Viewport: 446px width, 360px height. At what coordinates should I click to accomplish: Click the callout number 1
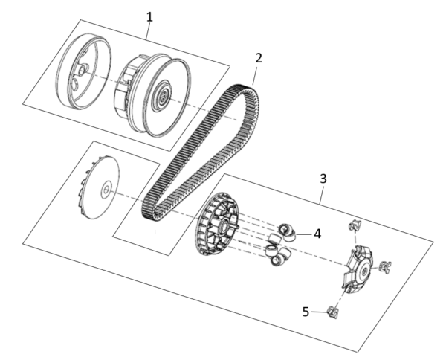tap(149, 17)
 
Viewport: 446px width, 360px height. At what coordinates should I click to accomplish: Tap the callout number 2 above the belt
tap(259, 58)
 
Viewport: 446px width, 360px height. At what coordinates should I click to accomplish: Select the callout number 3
tap(323, 179)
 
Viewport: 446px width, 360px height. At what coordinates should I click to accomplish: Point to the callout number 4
tap(317, 234)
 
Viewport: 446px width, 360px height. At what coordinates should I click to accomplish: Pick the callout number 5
tap(306, 312)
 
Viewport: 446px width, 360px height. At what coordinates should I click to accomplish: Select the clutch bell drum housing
tap(83, 71)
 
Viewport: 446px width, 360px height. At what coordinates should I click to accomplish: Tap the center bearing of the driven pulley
tap(163, 96)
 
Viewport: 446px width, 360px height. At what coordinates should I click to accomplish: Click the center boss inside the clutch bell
tap(83, 69)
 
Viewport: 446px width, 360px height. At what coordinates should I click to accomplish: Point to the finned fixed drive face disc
tap(101, 188)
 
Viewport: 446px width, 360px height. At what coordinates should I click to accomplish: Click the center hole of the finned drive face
tap(106, 189)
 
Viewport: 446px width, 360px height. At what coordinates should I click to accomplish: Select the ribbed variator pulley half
tap(217, 224)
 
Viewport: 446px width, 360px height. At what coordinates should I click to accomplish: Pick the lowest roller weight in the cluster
tap(277, 260)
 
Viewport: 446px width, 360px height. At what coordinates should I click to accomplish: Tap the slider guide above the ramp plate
tap(355, 225)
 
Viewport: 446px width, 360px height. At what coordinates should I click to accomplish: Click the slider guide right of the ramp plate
tap(385, 267)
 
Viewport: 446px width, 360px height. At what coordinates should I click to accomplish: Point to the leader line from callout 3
tap(322, 195)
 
